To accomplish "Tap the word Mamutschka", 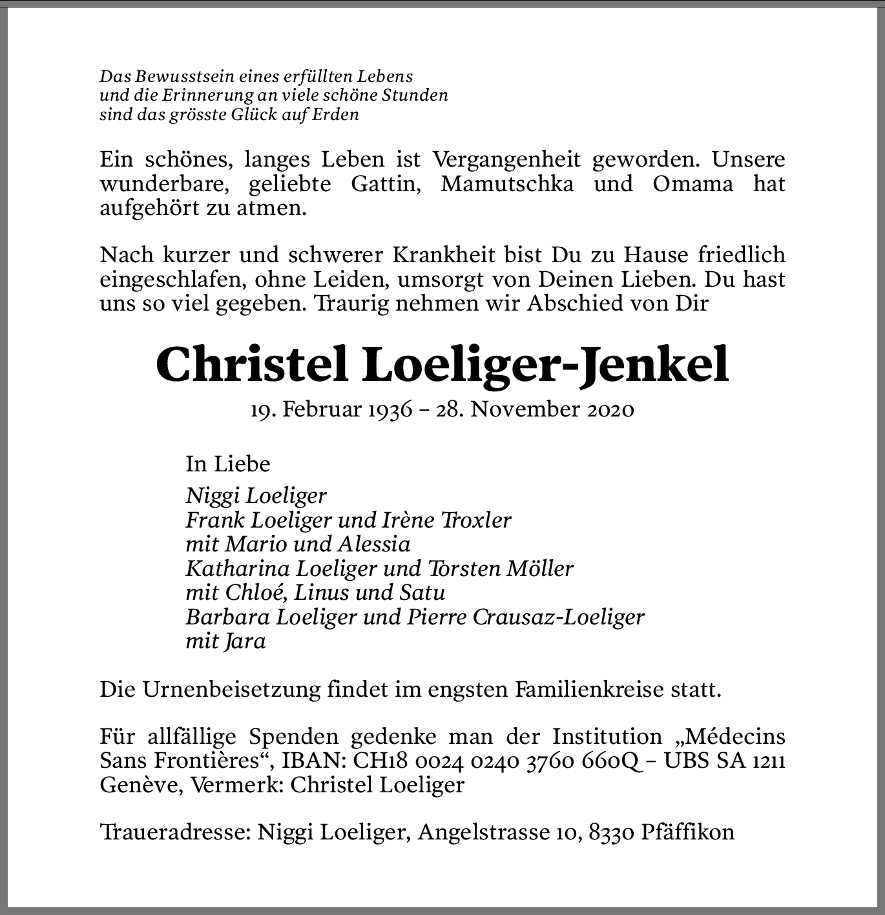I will pos(507,184).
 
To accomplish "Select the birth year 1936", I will pos(388,409).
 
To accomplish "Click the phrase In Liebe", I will pos(228,464).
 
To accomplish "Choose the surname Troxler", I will pos(475,520).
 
